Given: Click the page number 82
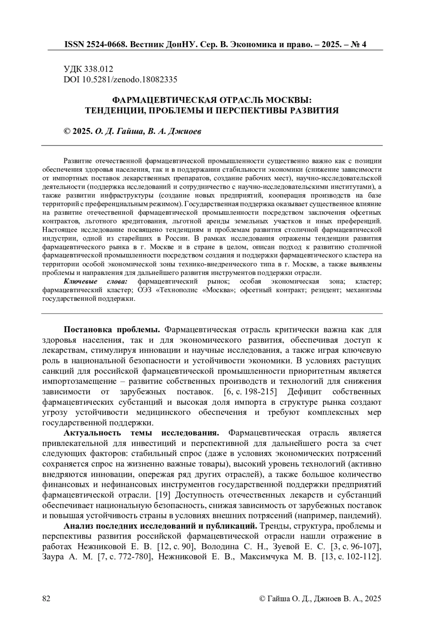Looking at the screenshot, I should click(x=46, y=598).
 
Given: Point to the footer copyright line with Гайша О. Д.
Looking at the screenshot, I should click(x=320, y=598).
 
